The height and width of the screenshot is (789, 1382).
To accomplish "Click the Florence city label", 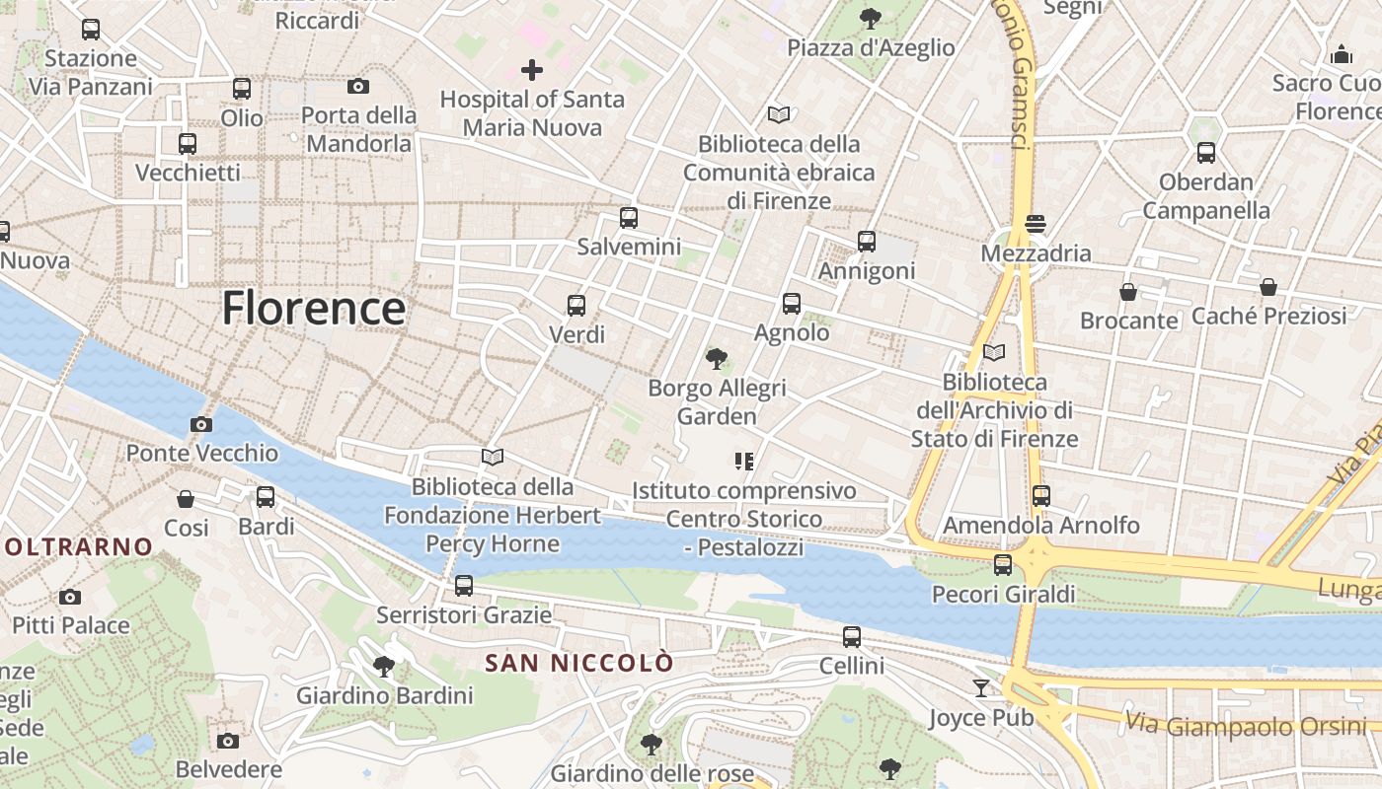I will tap(314, 308).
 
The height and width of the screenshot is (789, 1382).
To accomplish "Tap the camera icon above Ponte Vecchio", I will tap(201, 424).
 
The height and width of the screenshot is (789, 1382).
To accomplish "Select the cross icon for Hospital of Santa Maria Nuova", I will tap(532, 70).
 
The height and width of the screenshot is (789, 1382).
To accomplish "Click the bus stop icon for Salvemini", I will tap(629, 218).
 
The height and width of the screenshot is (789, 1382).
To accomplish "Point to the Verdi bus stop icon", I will tap(576, 306).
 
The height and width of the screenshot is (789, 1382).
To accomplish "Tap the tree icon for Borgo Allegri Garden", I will tap(717, 359).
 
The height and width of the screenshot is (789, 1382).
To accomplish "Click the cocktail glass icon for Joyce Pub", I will tap(981, 687).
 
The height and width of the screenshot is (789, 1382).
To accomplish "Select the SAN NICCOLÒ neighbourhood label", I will tap(579, 663).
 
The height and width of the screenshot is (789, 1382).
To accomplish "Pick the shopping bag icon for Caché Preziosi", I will tap(1268, 287).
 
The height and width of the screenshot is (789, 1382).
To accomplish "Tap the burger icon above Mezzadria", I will tap(1036, 224).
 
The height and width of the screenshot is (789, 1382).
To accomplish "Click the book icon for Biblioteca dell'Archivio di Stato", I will tap(994, 352).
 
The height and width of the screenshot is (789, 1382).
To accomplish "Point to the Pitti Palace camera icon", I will tap(70, 597).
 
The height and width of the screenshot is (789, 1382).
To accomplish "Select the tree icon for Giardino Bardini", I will tap(384, 667).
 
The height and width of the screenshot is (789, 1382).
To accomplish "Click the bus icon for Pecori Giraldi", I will tap(1003, 565).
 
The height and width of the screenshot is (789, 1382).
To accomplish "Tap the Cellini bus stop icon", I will tap(852, 637).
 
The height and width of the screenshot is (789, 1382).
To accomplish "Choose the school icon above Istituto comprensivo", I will tap(744, 461).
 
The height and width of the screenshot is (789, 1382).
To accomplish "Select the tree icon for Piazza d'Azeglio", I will tap(870, 18).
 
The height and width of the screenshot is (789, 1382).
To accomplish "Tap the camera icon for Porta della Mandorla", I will tap(358, 87).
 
